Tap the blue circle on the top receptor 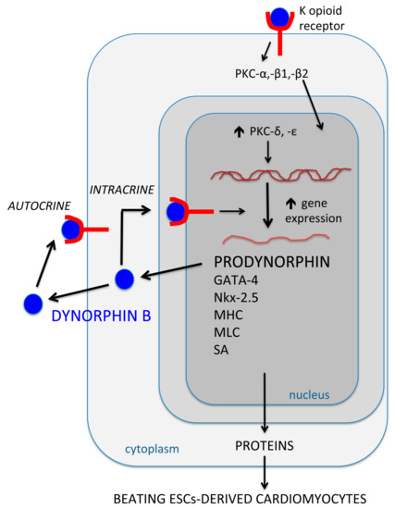coord(278,16)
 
